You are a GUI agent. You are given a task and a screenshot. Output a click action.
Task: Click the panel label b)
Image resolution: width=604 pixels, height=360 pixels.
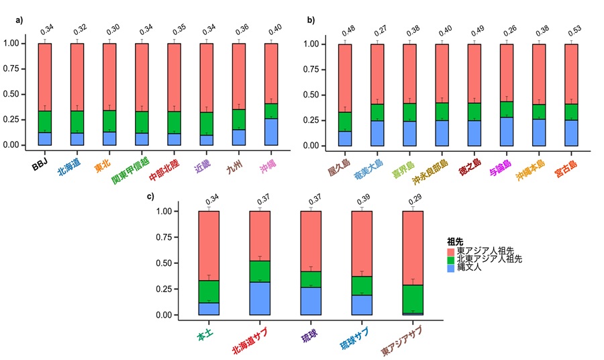pyautogui.click(x=311, y=20)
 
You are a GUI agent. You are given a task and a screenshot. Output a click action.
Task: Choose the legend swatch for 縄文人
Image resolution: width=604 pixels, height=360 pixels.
pyautogui.click(x=452, y=267)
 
